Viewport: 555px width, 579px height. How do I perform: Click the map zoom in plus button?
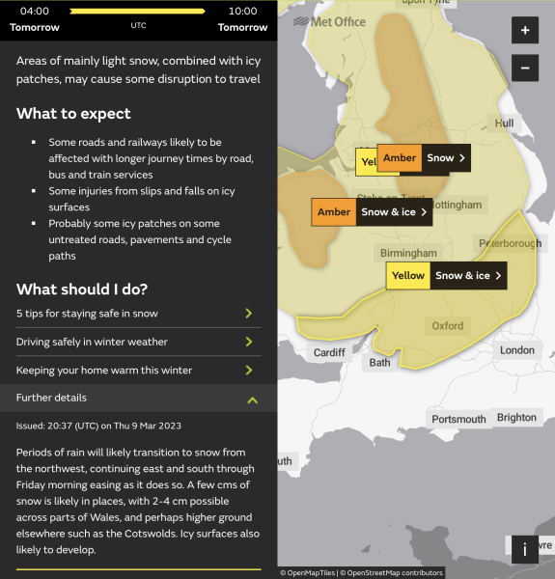[524, 30]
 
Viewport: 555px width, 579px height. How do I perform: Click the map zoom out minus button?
[524, 69]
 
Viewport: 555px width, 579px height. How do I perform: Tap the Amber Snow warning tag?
[424, 158]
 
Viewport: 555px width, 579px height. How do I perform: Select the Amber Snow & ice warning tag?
[372, 212]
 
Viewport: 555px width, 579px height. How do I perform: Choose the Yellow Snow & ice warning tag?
[446, 276]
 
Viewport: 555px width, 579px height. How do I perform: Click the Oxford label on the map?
[448, 326]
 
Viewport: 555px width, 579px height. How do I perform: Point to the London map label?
[517, 350]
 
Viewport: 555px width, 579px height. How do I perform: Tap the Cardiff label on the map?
[329, 353]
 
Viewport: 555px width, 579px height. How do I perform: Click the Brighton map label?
[516, 418]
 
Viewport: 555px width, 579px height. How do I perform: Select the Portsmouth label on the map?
[458, 420]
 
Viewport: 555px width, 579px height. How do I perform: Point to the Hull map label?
[504, 124]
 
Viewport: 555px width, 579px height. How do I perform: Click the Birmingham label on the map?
[408, 253]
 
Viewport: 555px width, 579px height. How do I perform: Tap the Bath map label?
[379, 364]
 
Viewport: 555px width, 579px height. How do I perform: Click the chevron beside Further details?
[252, 399]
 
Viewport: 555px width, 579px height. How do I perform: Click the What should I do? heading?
[82, 289]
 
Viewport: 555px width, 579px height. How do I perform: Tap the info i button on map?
[524, 549]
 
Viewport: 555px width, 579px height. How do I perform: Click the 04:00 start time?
[34, 11]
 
